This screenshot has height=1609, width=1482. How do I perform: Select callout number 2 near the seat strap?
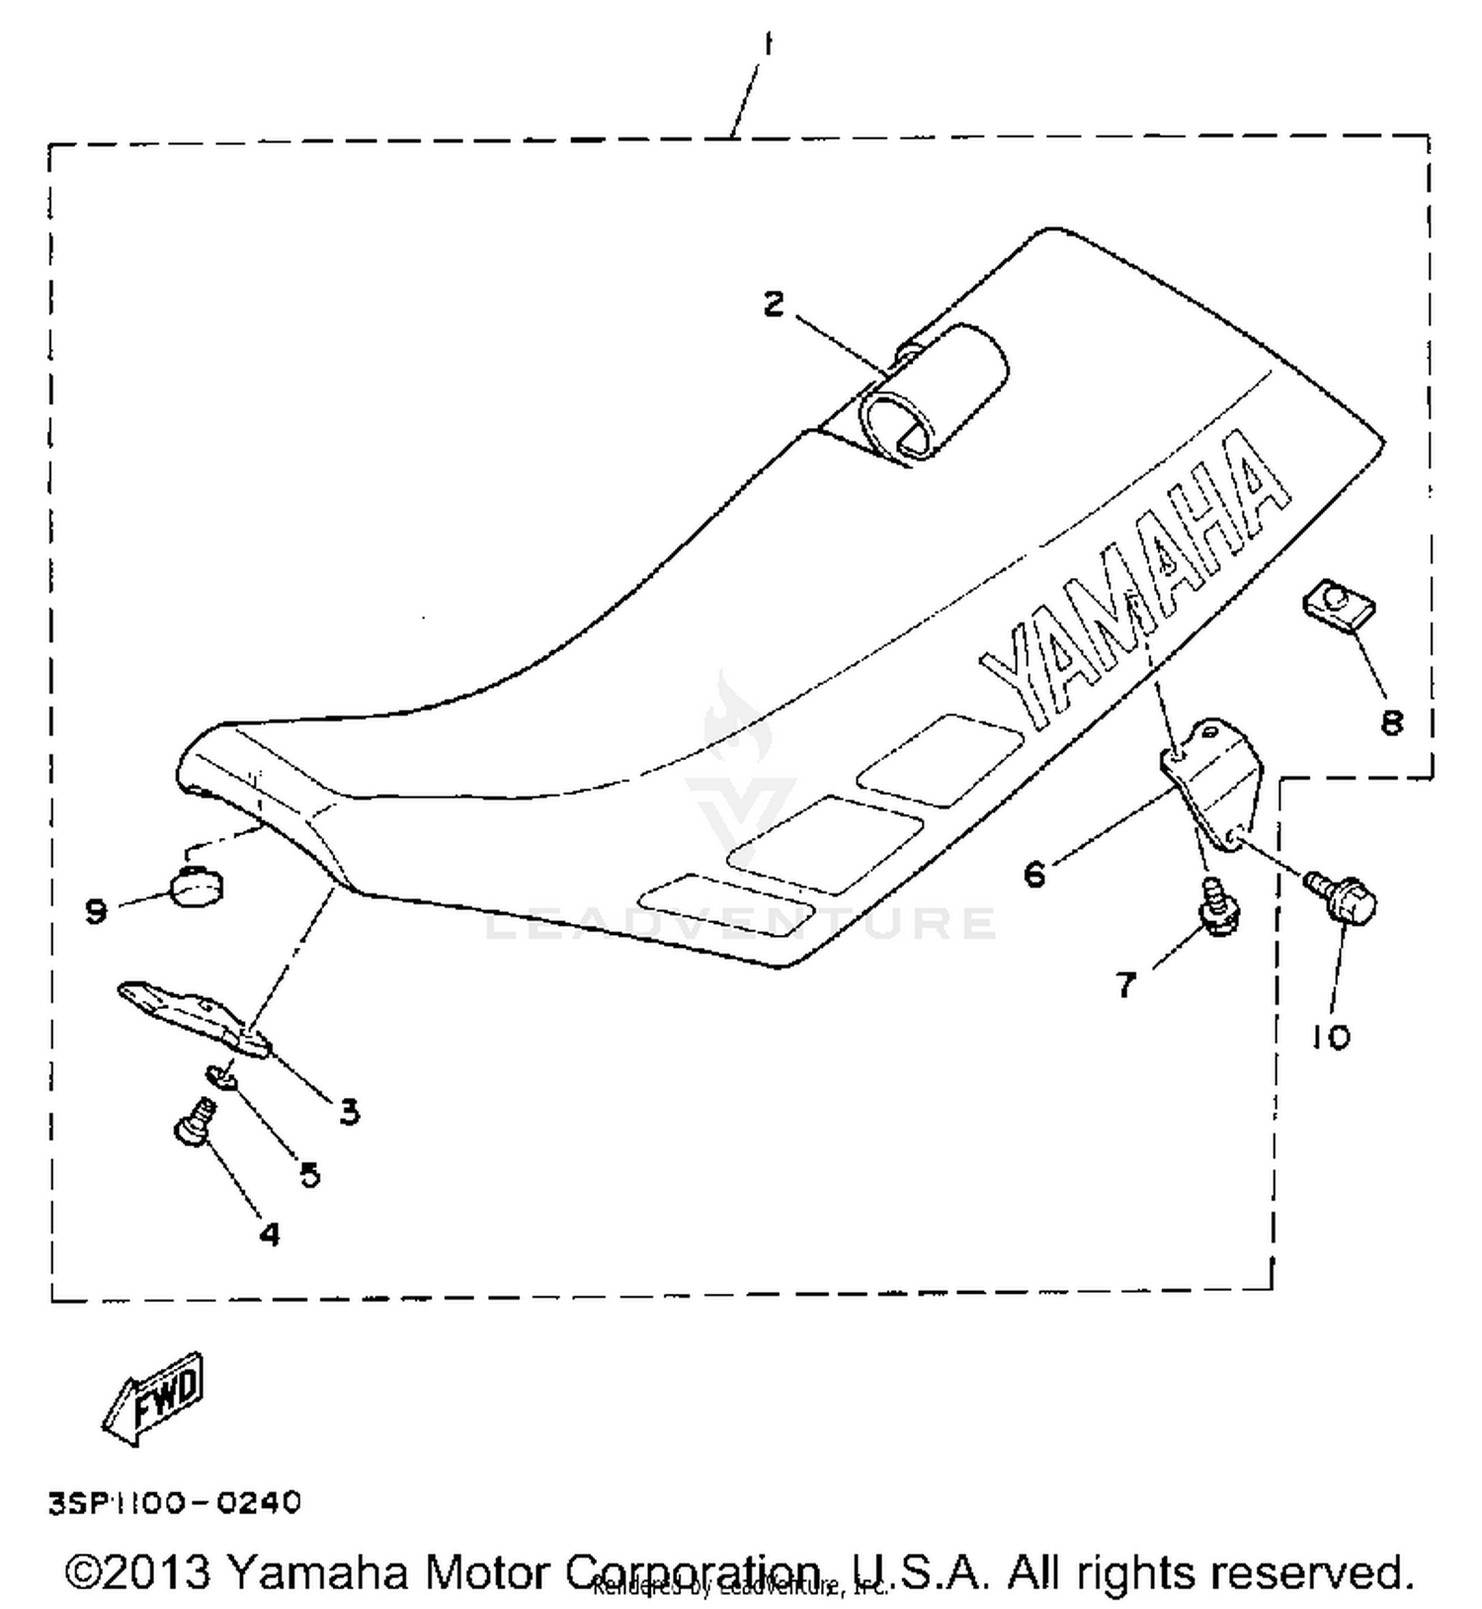(x=774, y=303)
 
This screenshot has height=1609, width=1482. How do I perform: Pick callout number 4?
(x=269, y=1233)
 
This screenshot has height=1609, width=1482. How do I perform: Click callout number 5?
(x=309, y=1174)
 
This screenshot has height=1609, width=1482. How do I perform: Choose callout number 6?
(x=1034, y=874)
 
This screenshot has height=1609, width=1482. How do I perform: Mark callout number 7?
(x=1126, y=984)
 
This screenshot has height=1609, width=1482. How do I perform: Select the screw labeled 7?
(x=1217, y=907)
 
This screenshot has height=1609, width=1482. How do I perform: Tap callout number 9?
(x=96, y=909)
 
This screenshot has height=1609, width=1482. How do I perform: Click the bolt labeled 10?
(x=1344, y=892)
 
